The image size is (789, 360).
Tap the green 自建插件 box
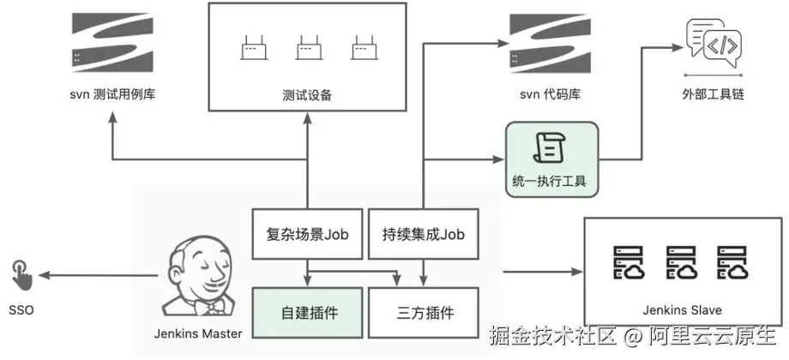click(305, 312)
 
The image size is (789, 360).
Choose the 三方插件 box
click(423, 312)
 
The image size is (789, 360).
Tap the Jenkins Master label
click(199, 333)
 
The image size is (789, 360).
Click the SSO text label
click(21, 309)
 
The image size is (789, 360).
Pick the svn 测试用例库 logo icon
click(113, 40)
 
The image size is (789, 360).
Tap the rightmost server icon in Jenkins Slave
click(734, 263)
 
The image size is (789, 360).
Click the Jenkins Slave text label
click(682, 310)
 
